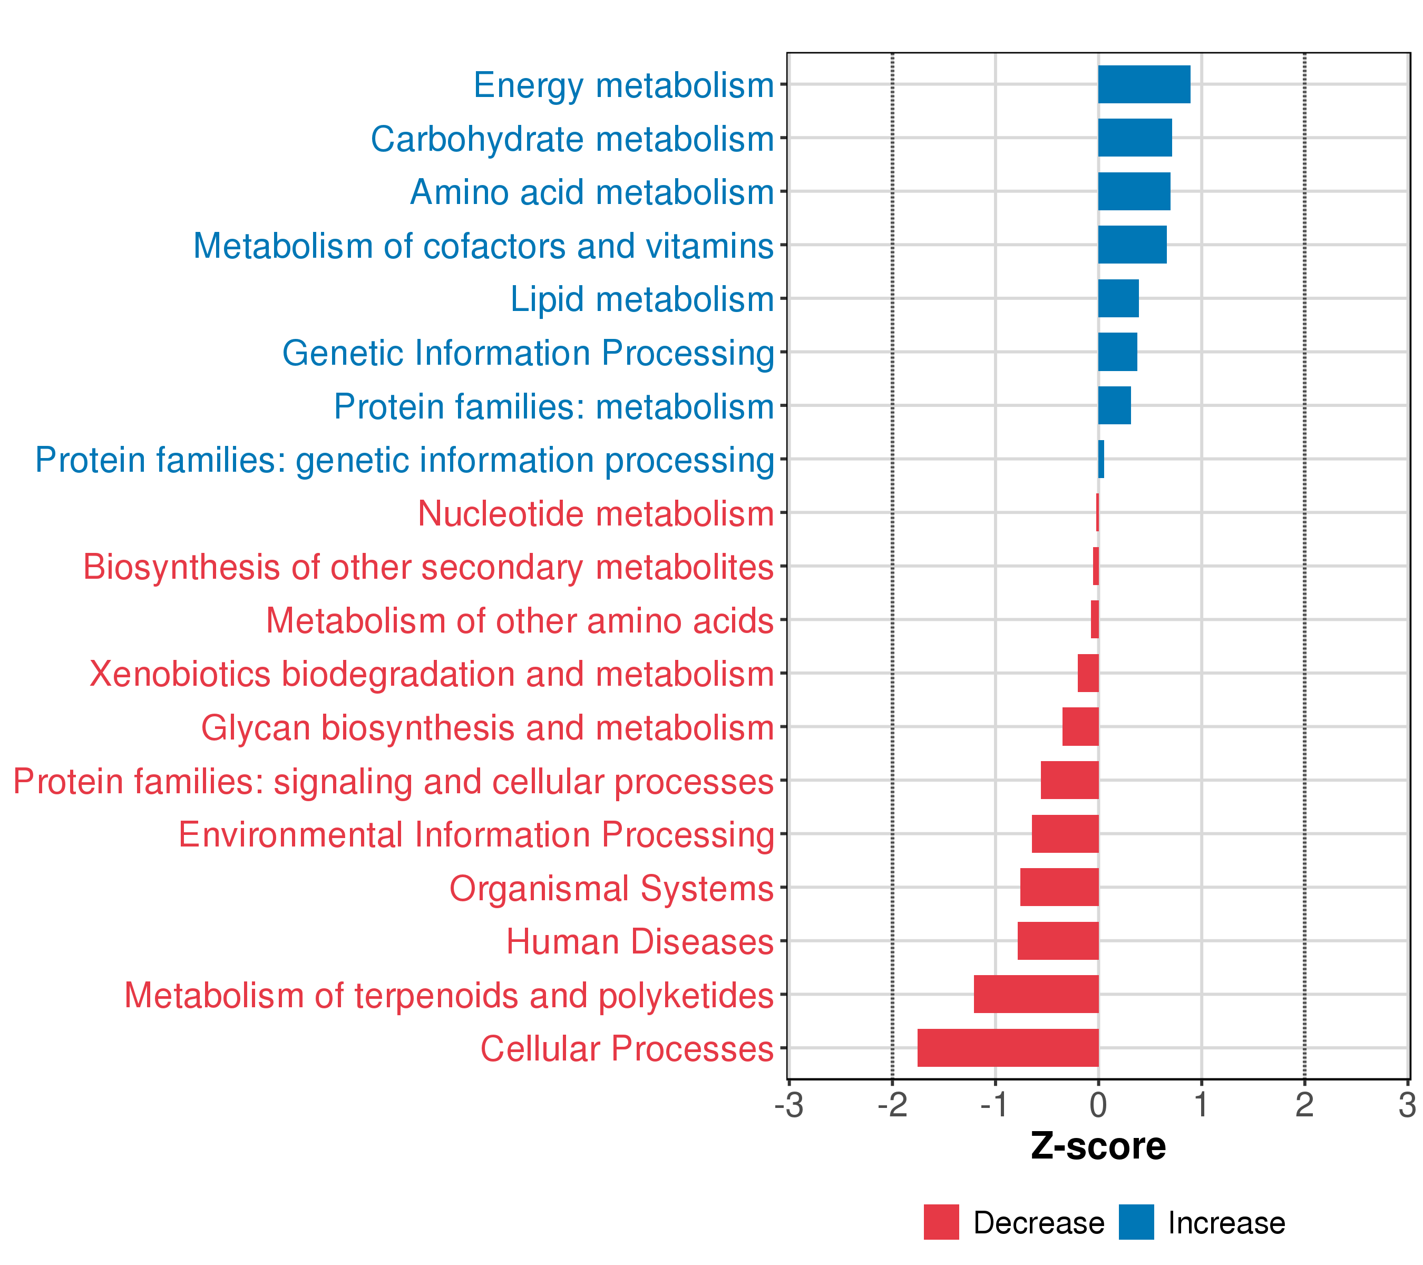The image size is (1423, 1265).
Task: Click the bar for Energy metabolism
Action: (1144, 84)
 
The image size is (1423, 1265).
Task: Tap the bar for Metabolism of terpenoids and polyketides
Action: (1036, 994)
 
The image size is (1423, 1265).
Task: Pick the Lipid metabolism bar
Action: (1118, 299)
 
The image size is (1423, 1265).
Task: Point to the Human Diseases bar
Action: (1058, 940)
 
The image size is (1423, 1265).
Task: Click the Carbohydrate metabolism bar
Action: (1135, 138)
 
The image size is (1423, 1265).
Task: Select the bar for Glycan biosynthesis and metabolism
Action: (1080, 727)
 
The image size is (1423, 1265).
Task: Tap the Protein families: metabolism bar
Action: (1114, 405)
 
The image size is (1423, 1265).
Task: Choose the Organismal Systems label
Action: (611, 888)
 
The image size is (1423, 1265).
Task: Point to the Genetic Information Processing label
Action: (528, 353)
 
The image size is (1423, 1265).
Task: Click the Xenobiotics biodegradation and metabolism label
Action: (432, 675)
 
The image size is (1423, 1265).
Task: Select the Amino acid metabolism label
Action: (592, 192)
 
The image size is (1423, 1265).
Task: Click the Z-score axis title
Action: (1098, 1146)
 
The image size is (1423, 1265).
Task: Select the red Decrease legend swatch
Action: (941, 1222)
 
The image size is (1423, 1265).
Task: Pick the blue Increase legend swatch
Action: (1136, 1222)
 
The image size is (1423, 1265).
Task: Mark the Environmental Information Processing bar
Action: (1065, 834)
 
